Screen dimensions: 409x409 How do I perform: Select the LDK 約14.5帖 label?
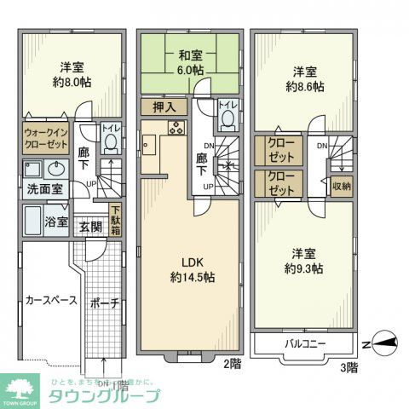pyautogui.click(x=192, y=270)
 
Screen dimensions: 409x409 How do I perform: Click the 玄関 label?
pyautogui.click(x=90, y=228)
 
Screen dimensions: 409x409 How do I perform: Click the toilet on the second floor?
pyautogui.click(x=225, y=120)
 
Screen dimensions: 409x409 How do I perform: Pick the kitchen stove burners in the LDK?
pyautogui.click(x=176, y=129)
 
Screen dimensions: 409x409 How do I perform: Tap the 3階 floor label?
pyautogui.click(x=349, y=367)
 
